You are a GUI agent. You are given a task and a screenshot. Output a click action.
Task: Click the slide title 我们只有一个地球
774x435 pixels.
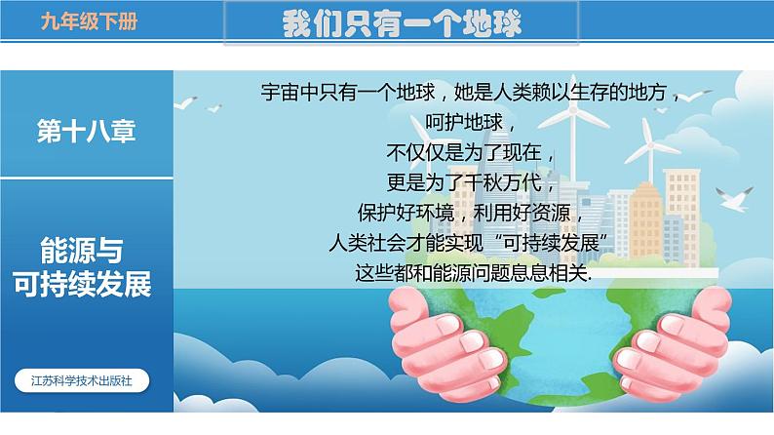[400, 22]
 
